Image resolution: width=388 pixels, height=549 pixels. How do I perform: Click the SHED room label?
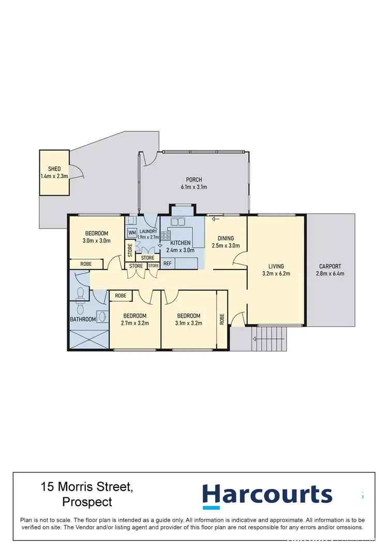[54, 169]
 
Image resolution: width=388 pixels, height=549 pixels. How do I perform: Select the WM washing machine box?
[131, 233]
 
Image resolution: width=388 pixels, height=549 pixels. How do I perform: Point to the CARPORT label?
[330, 266]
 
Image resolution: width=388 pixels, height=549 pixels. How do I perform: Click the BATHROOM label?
[83, 319]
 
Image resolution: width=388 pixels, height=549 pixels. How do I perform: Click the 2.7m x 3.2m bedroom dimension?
[135, 323]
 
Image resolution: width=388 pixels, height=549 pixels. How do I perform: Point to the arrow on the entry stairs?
[255, 339]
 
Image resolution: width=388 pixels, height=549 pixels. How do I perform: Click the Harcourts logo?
[267, 495]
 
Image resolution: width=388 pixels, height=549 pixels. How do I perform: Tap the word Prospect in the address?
[87, 501]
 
